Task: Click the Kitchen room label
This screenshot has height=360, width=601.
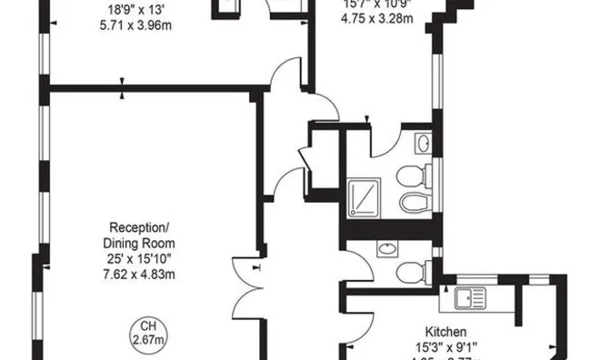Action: [446, 331]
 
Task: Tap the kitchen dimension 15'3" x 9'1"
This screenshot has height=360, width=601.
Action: [446, 346]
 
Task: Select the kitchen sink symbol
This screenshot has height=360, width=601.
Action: [467, 297]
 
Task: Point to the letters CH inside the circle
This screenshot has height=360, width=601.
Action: [147, 326]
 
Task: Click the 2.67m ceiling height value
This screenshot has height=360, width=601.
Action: [147, 340]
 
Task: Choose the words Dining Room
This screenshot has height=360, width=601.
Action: [139, 244]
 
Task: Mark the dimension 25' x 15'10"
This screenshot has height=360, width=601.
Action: [139, 260]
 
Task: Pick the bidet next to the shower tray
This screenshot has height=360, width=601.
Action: [411, 201]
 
